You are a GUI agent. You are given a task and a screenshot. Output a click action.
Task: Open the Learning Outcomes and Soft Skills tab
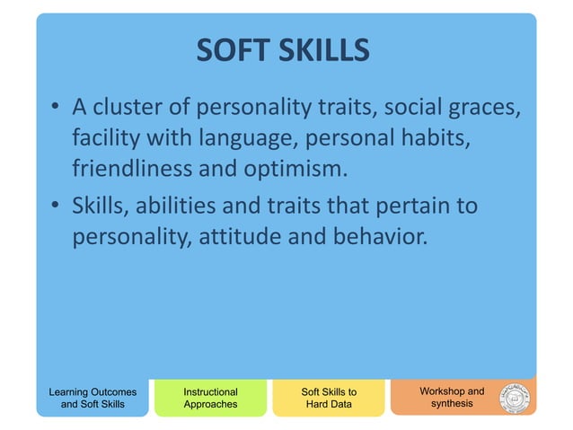click(93, 398)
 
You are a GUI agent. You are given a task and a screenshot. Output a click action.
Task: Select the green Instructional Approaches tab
click(210, 398)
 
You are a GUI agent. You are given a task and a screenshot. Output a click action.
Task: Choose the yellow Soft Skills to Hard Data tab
click(328, 398)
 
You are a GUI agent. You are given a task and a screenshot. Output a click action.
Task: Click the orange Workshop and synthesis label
click(451, 397)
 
